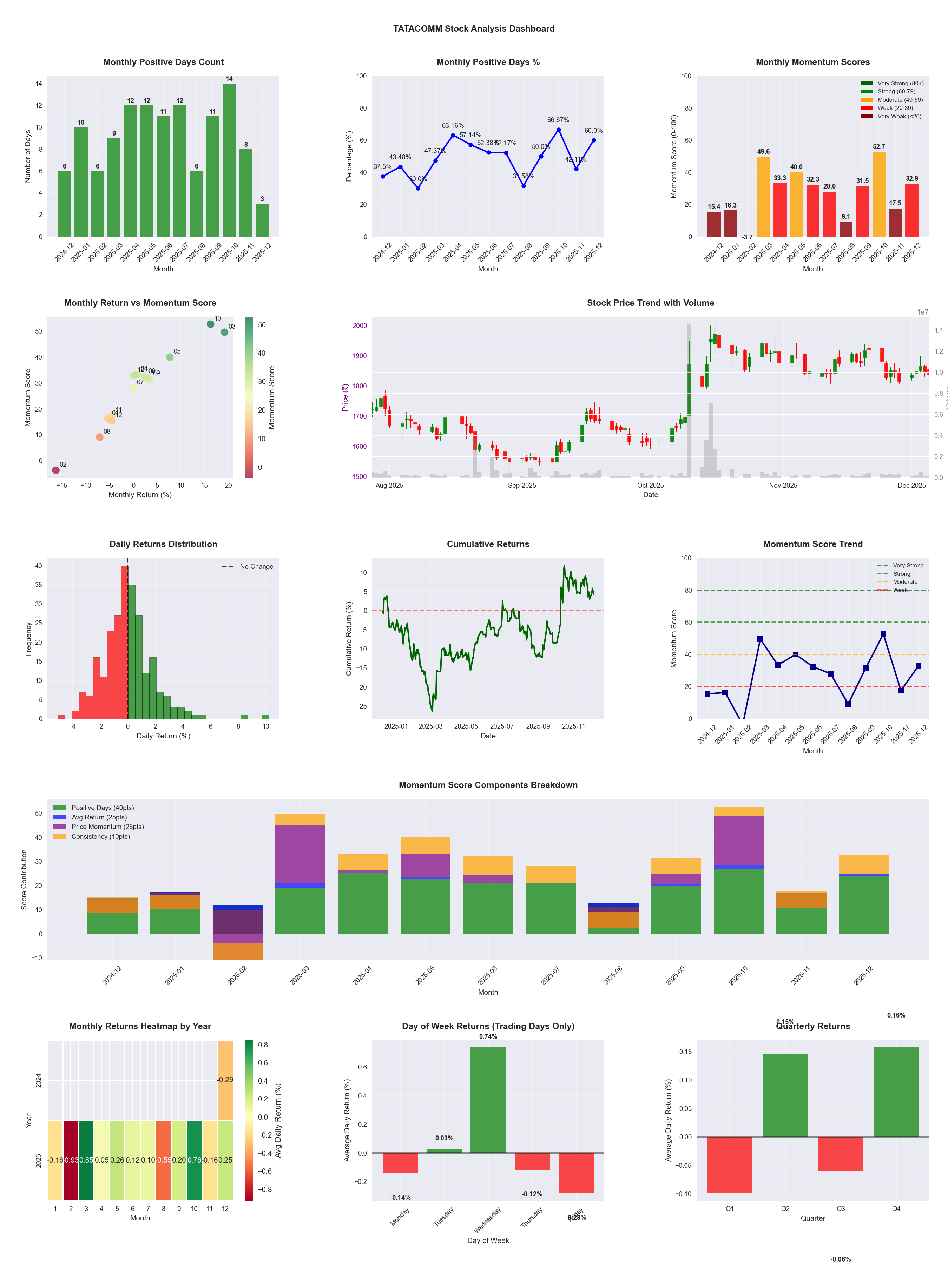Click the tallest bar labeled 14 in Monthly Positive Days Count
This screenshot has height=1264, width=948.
229,160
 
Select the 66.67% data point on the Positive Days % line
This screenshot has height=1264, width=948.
558,130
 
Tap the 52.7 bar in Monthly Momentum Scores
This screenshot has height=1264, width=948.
879,194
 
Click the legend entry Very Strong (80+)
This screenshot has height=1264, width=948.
900,84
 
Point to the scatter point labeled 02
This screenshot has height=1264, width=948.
55,470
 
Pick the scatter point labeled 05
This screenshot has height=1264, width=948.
170,357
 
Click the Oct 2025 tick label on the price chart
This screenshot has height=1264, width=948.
650,485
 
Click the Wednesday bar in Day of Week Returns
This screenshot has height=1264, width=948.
488,1100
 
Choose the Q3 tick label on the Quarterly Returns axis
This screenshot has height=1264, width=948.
841,1209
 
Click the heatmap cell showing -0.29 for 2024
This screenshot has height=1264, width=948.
225,1080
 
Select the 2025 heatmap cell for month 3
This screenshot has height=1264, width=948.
86,1160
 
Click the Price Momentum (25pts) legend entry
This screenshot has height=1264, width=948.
107,827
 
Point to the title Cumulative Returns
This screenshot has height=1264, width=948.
488,544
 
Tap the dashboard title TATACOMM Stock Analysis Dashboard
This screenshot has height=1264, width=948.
474,28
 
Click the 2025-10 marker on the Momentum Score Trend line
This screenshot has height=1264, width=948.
883,634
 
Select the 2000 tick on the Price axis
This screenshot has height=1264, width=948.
360,326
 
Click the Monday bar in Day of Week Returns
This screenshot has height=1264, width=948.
400,1163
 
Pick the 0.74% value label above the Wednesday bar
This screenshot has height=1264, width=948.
488,1036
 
